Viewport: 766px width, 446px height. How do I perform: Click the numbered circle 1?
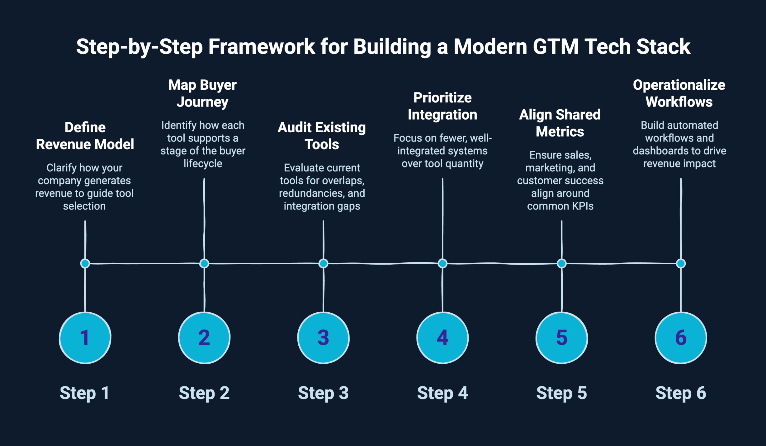point(85,338)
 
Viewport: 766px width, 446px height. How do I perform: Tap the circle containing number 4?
point(442,338)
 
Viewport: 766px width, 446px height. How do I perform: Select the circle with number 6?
point(681,338)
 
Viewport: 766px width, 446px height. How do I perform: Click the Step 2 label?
point(204,393)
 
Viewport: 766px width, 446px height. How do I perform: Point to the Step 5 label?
point(561,393)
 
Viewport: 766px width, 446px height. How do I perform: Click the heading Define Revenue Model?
point(85,136)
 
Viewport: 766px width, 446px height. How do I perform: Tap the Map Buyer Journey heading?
point(203,93)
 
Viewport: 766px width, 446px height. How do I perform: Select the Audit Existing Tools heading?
point(322,136)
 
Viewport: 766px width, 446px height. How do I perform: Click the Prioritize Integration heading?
point(442,106)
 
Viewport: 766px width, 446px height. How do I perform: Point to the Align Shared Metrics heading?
point(560,123)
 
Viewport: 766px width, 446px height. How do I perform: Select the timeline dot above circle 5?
point(561,263)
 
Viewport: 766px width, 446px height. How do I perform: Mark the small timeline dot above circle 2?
point(204,263)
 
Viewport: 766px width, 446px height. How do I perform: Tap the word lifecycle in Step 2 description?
point(203,164)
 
